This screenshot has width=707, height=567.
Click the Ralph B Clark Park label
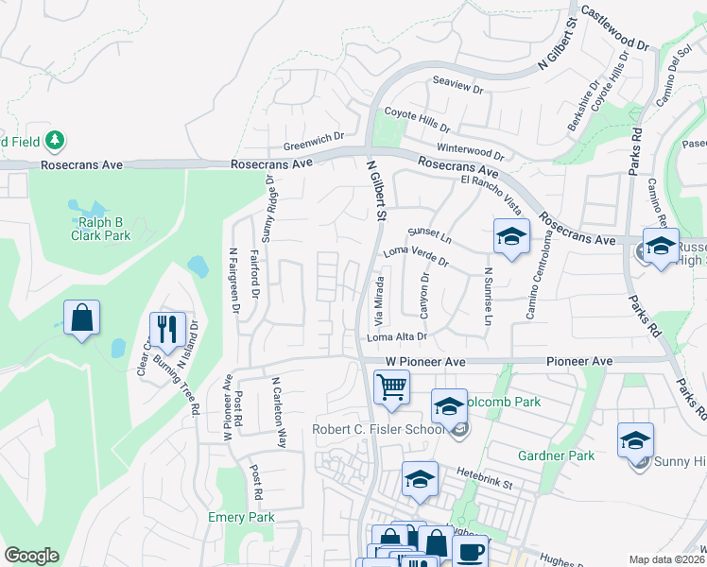tap(104, 229)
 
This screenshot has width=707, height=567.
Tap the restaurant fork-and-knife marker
tap(167, 330)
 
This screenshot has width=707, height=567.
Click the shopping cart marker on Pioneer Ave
tap(391, 387)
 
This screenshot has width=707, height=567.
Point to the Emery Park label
tap(241, 517)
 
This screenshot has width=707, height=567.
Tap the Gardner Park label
tap(556, 455)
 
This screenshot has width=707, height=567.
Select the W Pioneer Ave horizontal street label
tap(425, 362)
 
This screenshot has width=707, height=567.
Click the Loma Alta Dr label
tap(397, 336)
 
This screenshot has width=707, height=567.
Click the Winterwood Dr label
tap(472, 151)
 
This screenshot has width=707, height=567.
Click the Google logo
tap(31, 556)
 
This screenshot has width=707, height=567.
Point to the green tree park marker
tap(55, 141)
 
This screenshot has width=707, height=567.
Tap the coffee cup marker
tap(471, 552)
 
